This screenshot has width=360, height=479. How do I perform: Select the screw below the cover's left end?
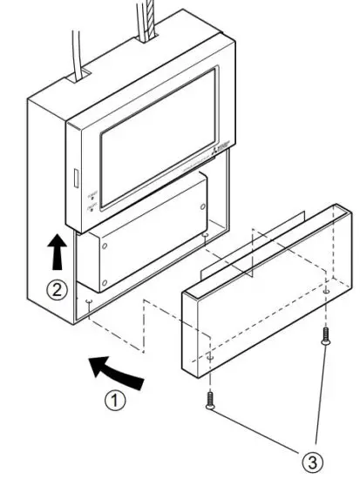click(210, 401)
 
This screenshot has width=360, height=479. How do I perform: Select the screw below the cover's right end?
click(324, 338)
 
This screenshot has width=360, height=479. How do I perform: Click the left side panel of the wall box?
click(49, 200)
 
